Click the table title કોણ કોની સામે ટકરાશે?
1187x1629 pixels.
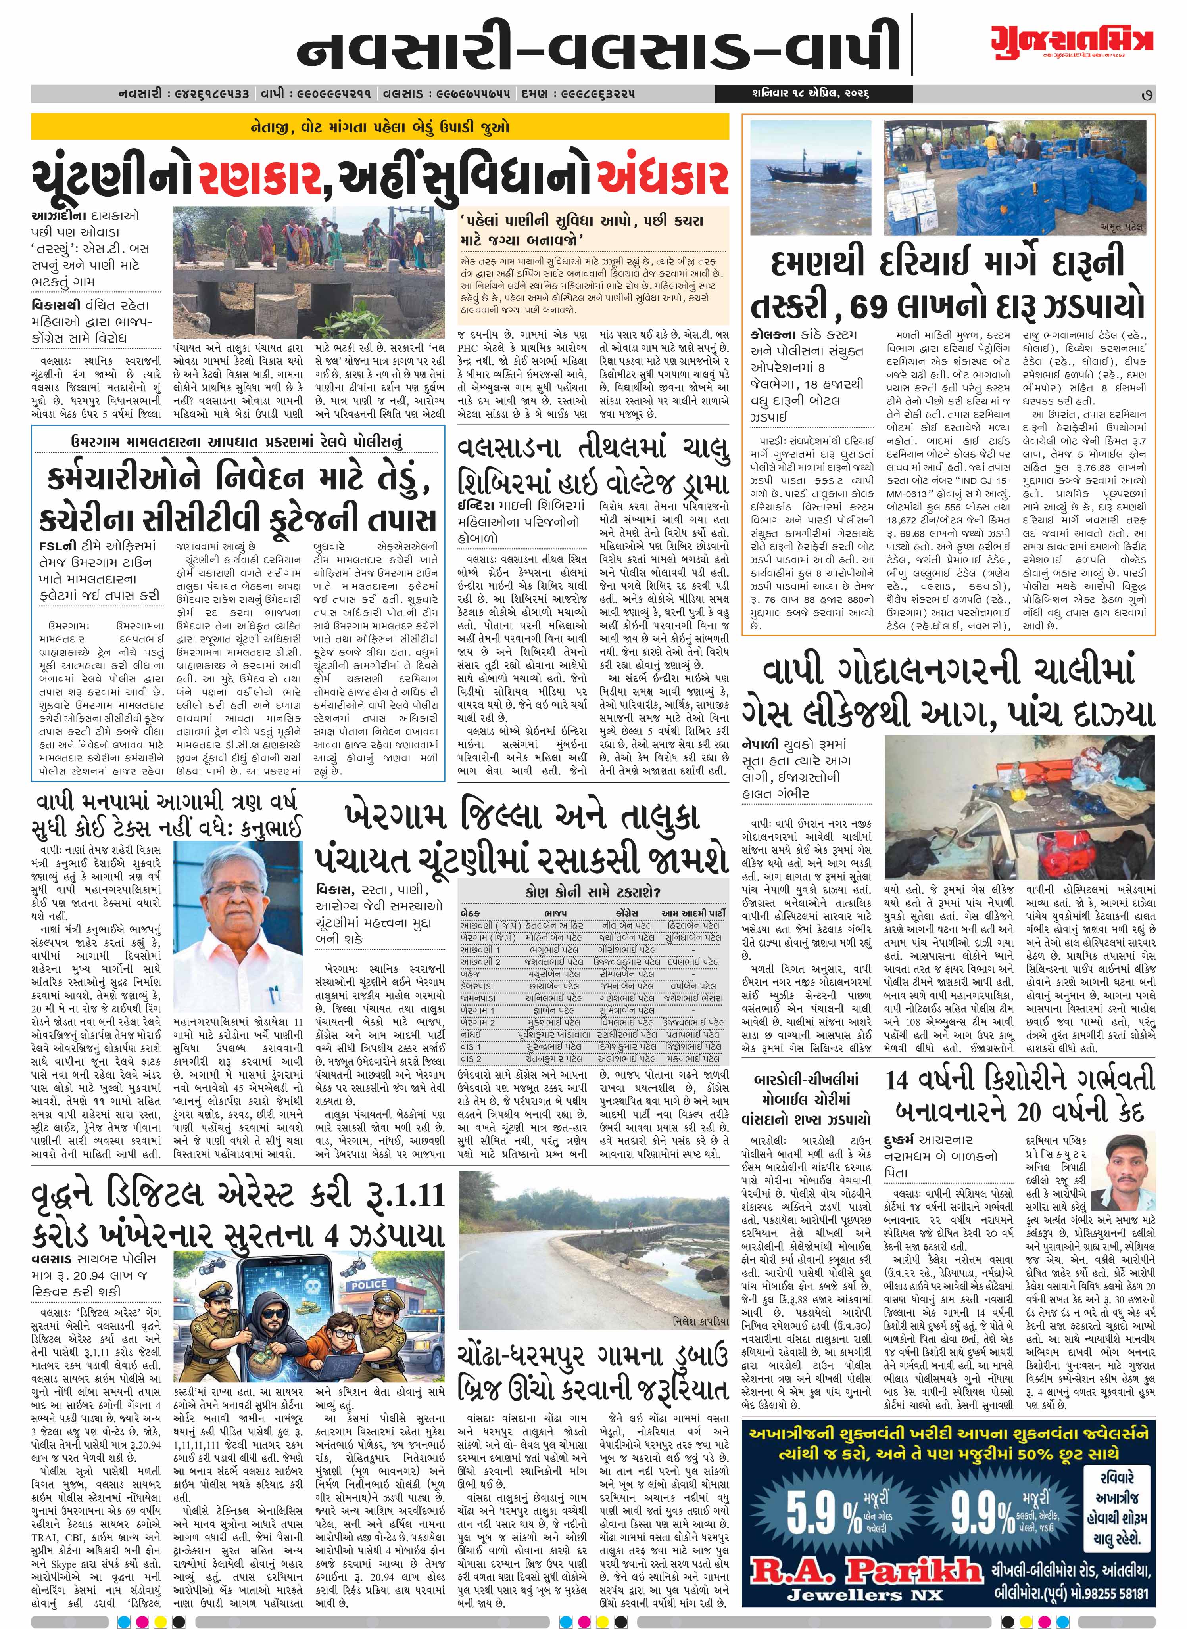[593, 892]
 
